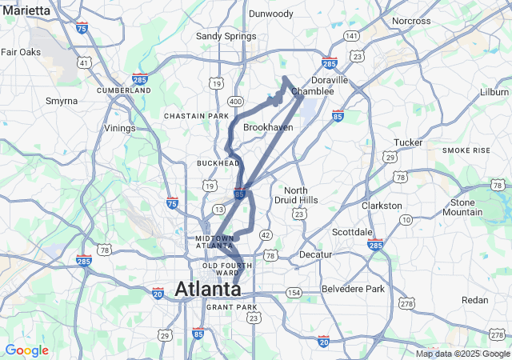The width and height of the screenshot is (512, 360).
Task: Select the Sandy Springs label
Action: tap(226, 36)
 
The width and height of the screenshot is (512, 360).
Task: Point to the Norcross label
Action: tap(412, 21)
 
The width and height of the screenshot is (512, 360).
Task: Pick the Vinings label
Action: tap(120, 128)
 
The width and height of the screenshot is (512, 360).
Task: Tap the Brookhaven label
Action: tap(268, 127)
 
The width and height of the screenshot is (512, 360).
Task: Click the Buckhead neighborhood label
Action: tap(218, 163)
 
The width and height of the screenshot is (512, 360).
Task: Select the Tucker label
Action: tap(408, 142)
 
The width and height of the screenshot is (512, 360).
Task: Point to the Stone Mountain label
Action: tap(462, 207)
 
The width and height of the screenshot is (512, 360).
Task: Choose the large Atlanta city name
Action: tap(207, 289)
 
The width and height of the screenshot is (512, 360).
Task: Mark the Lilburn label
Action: tap(494, 92)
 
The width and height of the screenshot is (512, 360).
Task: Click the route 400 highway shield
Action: tap(234, 102)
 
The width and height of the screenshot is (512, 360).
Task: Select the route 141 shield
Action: tap(351, 36)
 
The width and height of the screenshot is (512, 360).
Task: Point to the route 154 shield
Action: tap(294, 294)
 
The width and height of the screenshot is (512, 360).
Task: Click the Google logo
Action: tap(26, 350)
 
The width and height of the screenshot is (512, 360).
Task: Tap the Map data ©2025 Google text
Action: tap(461, 354)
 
